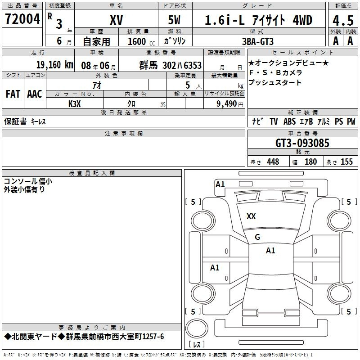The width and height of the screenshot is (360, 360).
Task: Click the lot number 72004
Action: pos(22,19)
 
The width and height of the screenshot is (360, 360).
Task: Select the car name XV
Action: pos(117,20)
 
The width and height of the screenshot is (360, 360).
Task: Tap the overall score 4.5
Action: pos(343,21)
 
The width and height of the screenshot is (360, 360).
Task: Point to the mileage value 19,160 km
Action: pos(55,65)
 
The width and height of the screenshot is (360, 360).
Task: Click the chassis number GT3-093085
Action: pos(302,143)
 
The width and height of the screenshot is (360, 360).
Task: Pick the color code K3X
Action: pos(75,104)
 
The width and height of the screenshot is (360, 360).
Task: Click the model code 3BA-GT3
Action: pos(258,41)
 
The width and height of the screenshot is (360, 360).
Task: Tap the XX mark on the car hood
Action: pos(251,216)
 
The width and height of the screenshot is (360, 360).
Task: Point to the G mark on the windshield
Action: pos(257,237)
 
